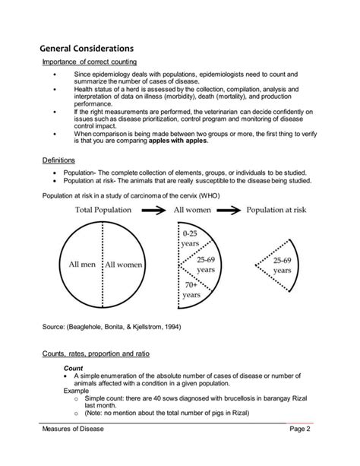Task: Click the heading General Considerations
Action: [87, 48]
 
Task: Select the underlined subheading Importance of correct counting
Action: [89, 62]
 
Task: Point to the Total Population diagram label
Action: [104, 210]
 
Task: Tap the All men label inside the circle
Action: [83, 265]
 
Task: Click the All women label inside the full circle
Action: [124, 265]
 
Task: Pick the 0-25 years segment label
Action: [190, 238]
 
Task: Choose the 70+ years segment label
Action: [191, 292]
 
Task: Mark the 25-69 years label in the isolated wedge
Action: [283, 265]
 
